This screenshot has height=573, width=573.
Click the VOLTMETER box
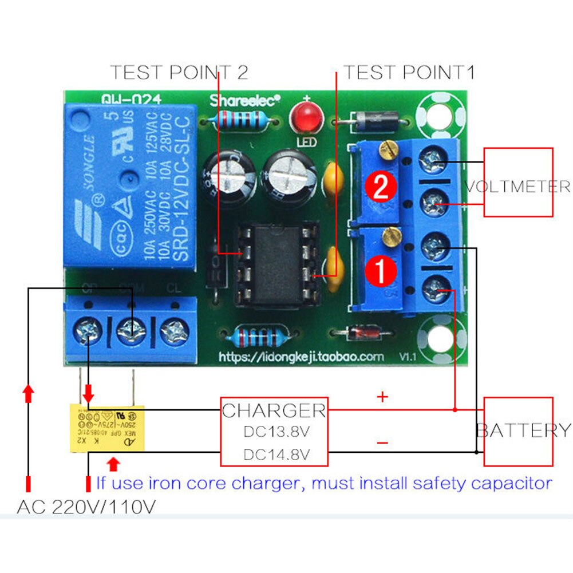coord(519,183)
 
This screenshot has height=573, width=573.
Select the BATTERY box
coord(519,431)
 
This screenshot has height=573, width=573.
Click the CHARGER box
coord(275,431)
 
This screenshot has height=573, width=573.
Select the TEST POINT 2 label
coord(179,73)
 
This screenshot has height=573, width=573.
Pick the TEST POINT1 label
coord(409,73)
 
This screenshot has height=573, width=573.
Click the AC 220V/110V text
coord(86,507)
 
